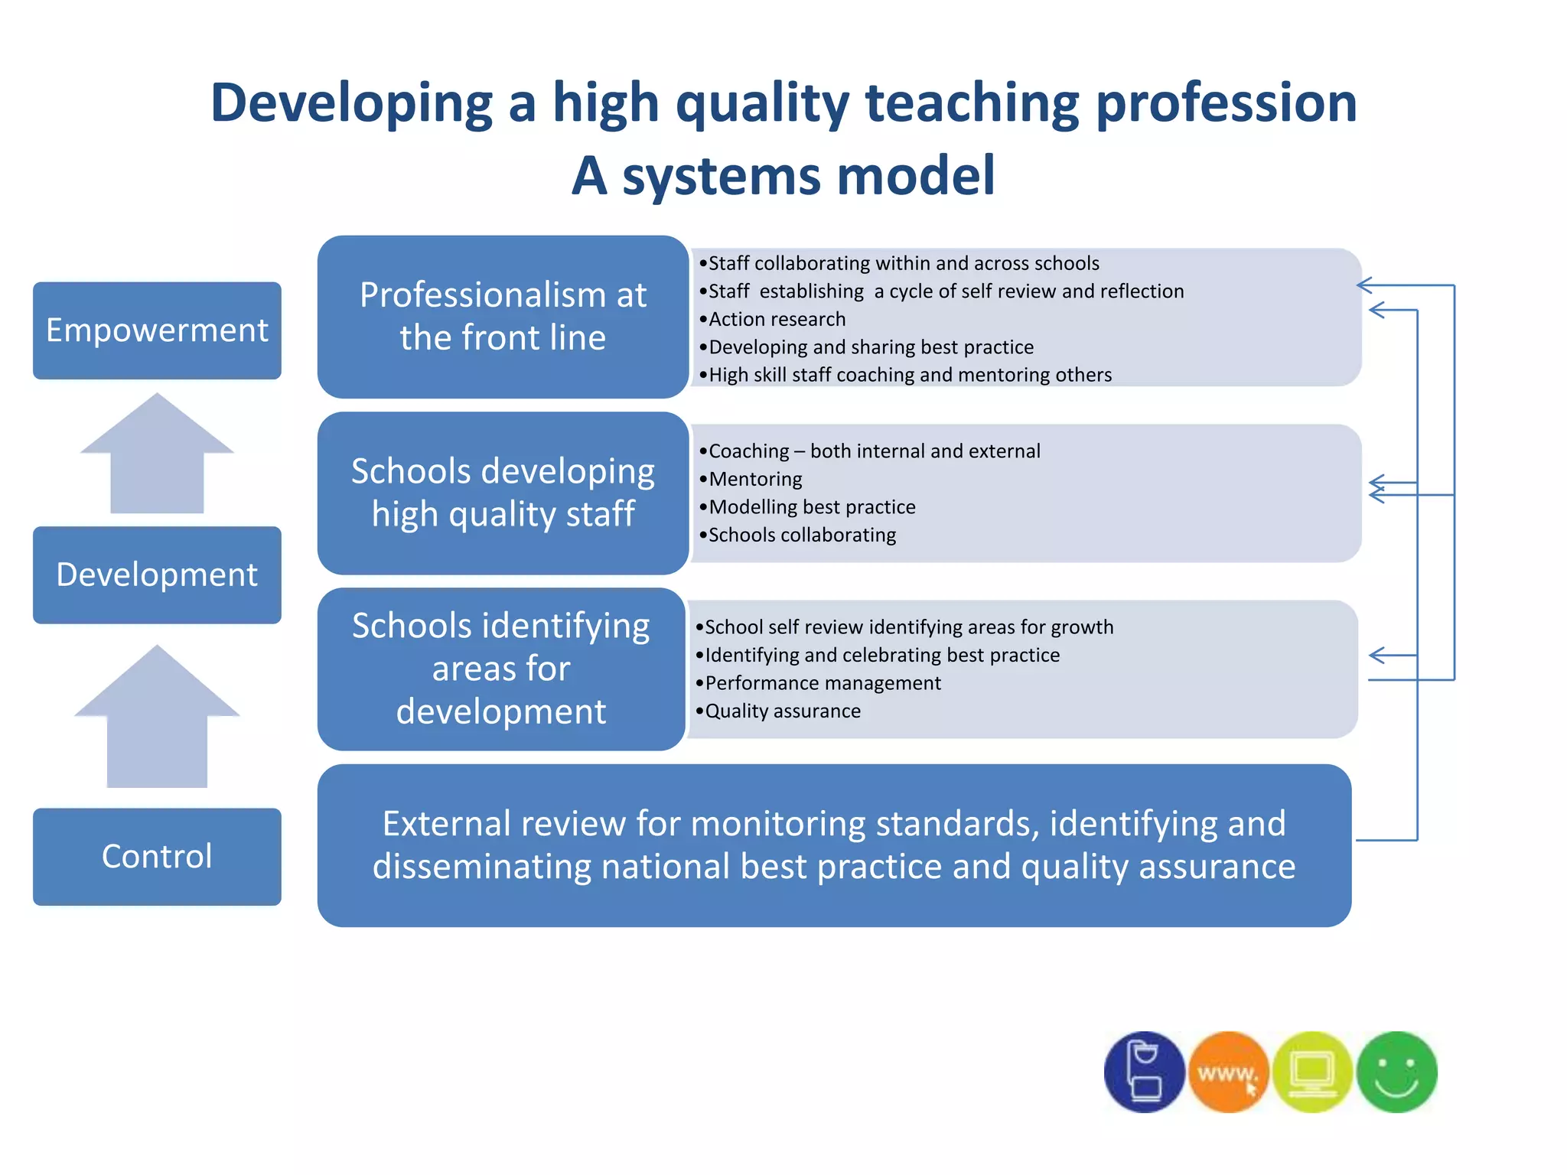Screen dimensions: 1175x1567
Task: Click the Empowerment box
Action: click(x=157, y=330)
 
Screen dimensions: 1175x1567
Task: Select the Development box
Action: click(x=157, y=574)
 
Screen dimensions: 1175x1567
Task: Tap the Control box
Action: click(x=157, y=857)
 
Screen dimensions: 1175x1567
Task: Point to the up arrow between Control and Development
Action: click(x=157, y=719)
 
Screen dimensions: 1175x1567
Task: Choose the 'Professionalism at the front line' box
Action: click(x=503, y=317)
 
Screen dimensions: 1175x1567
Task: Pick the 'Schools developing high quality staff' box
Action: click(x=503, y=493)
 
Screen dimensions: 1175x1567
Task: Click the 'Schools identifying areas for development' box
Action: click(x=501, y=669)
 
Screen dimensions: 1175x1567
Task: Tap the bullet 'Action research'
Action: click(x=777, y=319)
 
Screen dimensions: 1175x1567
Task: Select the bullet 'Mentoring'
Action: click(x=755, y=479)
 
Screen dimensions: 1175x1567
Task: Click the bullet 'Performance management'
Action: click(x=823, y=683)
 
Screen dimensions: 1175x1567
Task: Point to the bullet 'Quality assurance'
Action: click(x=782, y=711)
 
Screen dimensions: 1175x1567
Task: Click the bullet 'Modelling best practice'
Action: click(x=812, y=507)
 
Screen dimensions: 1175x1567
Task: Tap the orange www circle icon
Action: click(x=1228, y=1072)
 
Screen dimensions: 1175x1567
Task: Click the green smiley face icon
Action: click(x=1396, y=1072)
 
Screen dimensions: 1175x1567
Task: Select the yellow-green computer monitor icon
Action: click(x=1312, y=1072)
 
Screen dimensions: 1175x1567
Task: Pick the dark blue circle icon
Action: click(x=1144, y=1072)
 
